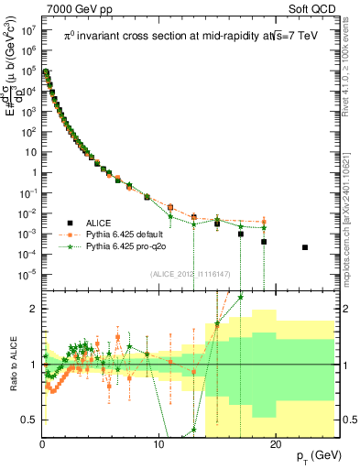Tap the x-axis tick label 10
[158, 443]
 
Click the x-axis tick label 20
[274, 443]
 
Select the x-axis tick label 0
[42, 443]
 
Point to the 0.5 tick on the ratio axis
[30, 420]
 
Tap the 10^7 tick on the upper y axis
[27, 30]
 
